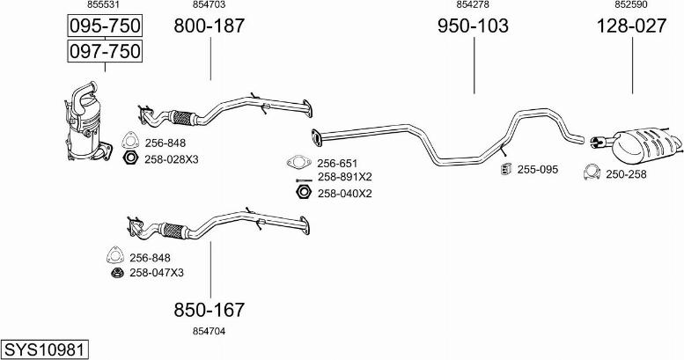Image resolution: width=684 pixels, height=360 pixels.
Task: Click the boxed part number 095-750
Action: tap(105, 26)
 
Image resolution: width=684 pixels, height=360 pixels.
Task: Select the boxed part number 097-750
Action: tap(105, 51)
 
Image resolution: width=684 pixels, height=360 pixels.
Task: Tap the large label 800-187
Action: tap(210, 26)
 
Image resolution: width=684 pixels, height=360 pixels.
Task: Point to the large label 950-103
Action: tap(473, 26)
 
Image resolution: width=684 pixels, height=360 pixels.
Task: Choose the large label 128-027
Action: tap(632, 26)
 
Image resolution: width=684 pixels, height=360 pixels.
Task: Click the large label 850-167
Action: tap(210, 310)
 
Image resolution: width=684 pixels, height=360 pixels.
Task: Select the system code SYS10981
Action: tap(44, 350)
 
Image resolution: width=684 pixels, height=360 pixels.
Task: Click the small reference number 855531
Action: tap(103, 4)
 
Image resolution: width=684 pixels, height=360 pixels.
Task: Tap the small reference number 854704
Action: tap(209, 331)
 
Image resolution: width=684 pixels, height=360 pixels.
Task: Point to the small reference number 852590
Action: tap(631, 4)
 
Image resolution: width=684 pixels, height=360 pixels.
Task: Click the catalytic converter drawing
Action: tap(88, 121)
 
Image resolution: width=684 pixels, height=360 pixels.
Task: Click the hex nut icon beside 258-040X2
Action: tap(303, 192)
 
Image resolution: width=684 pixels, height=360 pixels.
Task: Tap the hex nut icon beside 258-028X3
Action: tap(130, 158)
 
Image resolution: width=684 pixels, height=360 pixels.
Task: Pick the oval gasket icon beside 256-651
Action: tap(298, 162)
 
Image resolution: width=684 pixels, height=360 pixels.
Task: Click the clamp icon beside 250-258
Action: tap(592, 173)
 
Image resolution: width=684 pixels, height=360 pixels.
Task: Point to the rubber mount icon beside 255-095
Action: tap(506, 169)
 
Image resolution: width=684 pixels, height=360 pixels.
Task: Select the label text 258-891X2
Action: tap(344, 177)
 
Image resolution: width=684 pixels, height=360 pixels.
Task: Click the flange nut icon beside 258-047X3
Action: tap(116, 273)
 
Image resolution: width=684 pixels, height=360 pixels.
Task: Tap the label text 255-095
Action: tap(537, 169)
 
